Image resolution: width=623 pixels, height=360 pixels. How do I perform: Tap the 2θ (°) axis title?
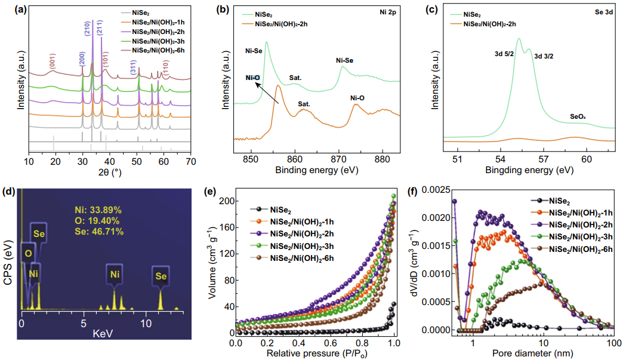pyautogui.click(x=110, y=174)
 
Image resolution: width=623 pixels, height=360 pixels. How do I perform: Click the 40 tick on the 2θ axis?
pyautogui.click(x=110, y=161)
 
